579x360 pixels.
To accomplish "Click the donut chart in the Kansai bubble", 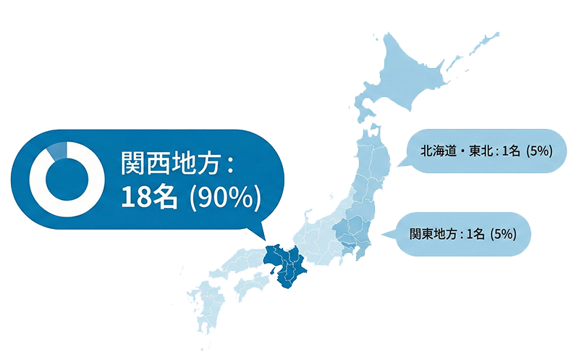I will click(x=60, y=178).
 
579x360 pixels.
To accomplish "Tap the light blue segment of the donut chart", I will click(x=56, y=151).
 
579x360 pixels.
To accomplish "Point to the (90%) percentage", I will click(x=222, y=196).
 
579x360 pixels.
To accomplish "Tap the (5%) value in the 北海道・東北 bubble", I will click(x=540, y=151).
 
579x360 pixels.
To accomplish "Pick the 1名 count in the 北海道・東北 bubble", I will click(x=510, y=151).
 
